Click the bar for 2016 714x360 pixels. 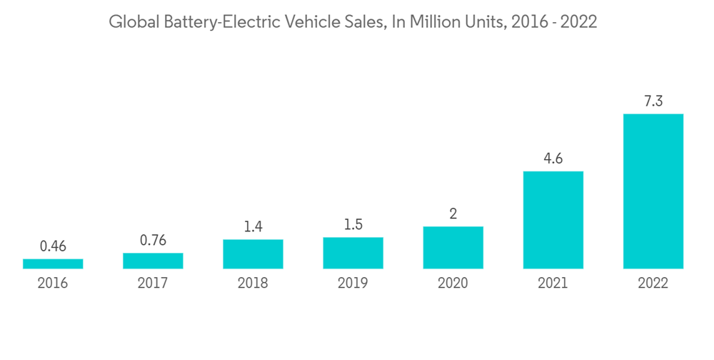53,264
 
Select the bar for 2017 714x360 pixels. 153,261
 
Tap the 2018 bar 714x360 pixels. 253,254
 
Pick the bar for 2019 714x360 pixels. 353,253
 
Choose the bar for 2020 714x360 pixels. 453,247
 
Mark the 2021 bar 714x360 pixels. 553,219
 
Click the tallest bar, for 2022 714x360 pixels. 653,191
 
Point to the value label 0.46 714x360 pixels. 53,246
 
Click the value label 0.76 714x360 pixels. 153,240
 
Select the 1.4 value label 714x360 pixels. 253,226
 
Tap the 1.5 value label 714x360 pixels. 353,224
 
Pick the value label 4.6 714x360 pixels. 553,159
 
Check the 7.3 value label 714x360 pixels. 653,101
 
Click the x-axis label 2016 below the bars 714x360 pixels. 53,284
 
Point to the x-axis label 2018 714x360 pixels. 253,284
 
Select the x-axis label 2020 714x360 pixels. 453,284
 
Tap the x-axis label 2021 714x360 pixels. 553,284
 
